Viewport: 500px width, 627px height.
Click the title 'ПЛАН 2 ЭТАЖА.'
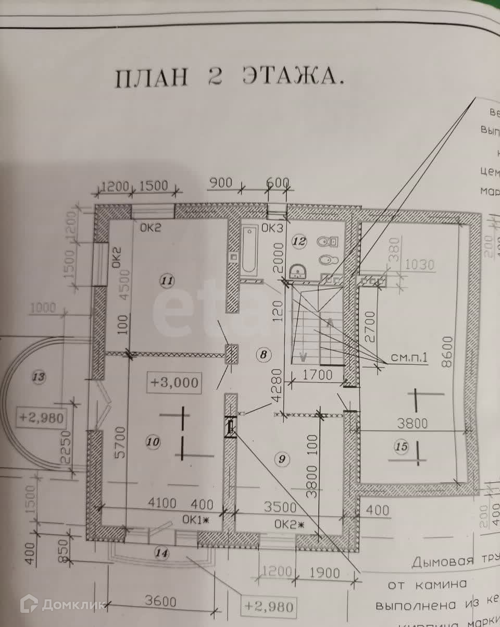(x=229, y=78)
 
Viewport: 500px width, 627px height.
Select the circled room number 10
(x=153, y=442)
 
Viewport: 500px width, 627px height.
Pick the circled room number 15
(x=401, y=447)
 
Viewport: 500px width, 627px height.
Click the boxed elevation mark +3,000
(x=174, y=382)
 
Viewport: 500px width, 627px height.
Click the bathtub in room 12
(x=249, y=249)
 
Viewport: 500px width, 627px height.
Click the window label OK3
(x=271, y=228)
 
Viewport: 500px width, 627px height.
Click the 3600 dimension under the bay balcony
(x=160, y=601)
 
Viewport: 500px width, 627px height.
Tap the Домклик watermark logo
(x=52, y=604)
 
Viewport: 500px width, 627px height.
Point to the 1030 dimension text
(x=419, y=265)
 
